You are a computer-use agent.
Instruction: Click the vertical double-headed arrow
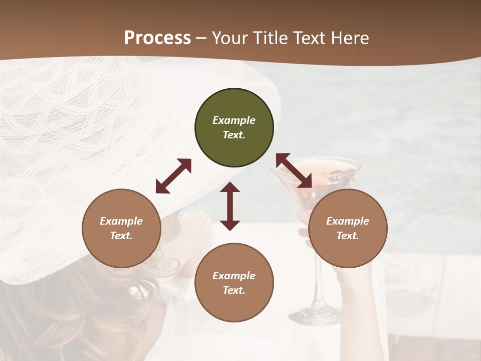(230, 206)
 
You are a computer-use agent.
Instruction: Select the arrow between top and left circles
(173, 176)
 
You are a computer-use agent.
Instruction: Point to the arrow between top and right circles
(294, 171)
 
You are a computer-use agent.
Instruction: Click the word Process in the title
(157, 38)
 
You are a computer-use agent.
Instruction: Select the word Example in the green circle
(234, 120)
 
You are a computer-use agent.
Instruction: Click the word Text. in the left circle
(121, 236)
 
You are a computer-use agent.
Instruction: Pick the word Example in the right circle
(348, 221)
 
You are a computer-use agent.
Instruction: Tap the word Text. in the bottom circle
(234, 290)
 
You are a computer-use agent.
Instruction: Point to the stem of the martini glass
(315, 281)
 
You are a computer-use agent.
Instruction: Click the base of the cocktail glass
(315, 315)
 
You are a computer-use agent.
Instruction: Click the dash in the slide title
(201, 38)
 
